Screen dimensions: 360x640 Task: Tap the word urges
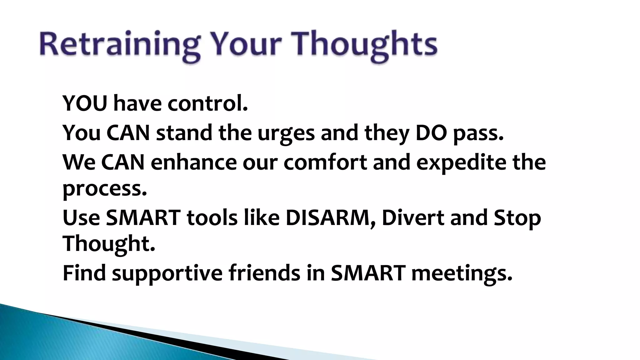[286, 133]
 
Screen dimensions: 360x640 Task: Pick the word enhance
[194, 162]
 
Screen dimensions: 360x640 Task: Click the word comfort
[325, 162]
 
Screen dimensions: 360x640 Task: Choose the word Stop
[517, 218]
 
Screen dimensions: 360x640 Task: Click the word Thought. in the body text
[109, 244]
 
